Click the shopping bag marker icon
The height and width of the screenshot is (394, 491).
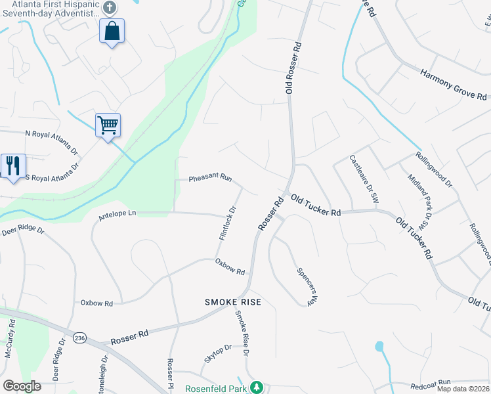click(112, 31)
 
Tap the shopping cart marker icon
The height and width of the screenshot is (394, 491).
click(108, 125)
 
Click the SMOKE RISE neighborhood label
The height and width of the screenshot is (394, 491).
click(232, 302)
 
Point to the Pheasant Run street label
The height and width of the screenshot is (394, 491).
click(211, 178)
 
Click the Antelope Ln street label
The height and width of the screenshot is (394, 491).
click(117, 213)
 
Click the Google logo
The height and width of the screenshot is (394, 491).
click(22, 386)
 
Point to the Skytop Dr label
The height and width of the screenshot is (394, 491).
click(218, 353)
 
